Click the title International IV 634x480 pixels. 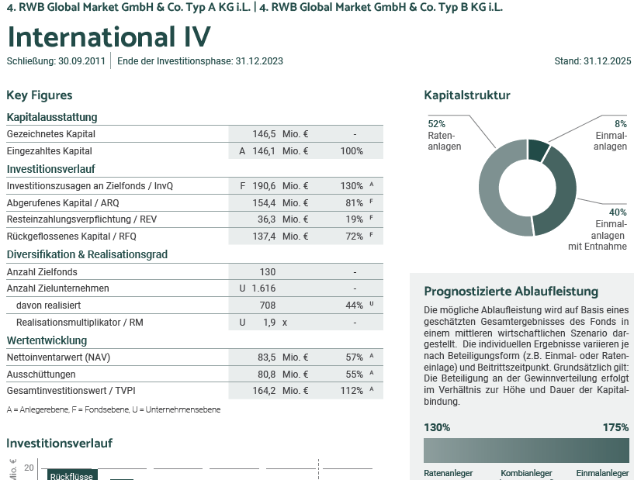109,37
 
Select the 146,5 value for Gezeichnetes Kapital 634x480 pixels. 265,134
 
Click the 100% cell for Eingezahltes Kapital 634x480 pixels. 352,151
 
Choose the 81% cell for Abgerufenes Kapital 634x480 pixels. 354,203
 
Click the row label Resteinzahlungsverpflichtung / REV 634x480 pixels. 81,219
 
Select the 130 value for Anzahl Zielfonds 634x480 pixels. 268,272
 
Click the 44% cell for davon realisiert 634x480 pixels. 354,306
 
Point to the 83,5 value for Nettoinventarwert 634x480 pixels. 266,357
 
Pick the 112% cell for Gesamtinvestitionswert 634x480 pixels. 352,391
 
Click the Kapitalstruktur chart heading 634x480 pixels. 467,95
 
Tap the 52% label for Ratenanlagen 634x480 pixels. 436,124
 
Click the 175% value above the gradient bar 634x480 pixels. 615,427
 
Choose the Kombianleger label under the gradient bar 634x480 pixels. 526,473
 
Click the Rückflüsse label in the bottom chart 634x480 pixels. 71,476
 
